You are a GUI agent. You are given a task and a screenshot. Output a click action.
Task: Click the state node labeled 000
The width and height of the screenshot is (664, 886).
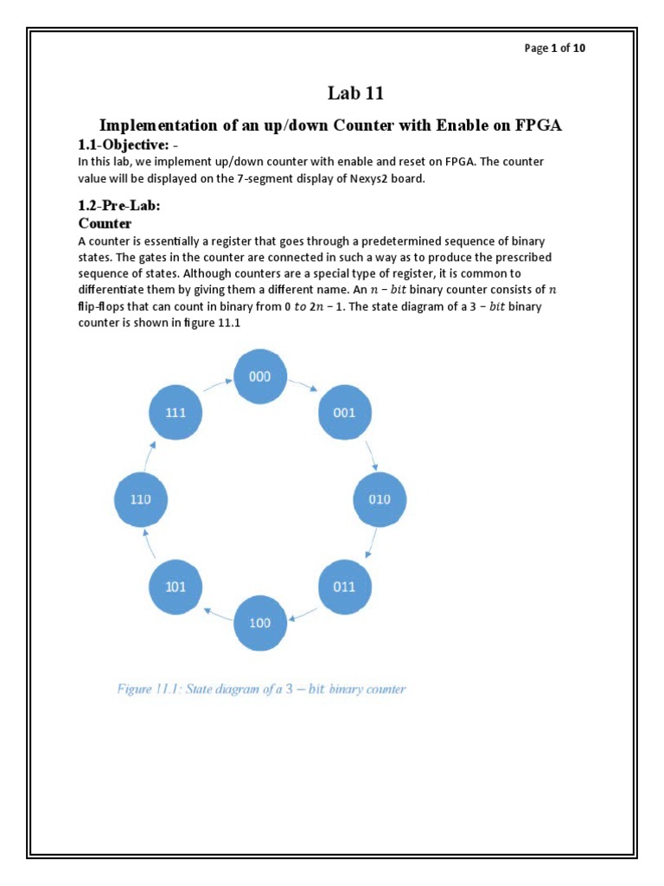click(260, 376)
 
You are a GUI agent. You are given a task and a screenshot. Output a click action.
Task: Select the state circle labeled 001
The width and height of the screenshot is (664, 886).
click(344, 413)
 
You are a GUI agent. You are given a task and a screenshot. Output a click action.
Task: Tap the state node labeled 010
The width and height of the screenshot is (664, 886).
click(380, 499)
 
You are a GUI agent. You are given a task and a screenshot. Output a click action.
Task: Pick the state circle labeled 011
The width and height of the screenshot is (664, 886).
click(344, 586)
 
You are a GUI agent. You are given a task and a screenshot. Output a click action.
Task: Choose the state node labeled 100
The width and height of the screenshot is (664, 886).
click(260, 622)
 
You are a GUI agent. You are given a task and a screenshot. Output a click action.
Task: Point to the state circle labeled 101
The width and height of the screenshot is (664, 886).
click(176, 586)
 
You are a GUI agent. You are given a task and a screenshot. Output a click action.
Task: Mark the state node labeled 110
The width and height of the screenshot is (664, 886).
click(140, 499)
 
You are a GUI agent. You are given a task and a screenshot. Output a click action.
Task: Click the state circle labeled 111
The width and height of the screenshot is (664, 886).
click(176, 413)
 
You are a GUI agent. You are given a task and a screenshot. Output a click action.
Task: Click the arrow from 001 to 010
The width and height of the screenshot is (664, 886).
click(370, 454)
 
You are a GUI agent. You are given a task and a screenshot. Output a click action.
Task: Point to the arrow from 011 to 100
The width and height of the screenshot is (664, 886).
click(303, 614)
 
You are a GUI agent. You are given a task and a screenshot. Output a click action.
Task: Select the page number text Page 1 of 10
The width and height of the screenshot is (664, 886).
click(554, 48)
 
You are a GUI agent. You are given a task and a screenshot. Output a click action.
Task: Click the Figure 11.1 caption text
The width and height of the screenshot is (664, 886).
click(261, 690)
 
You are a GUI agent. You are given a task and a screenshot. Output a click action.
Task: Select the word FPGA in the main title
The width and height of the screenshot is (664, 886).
click(539, 125)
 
